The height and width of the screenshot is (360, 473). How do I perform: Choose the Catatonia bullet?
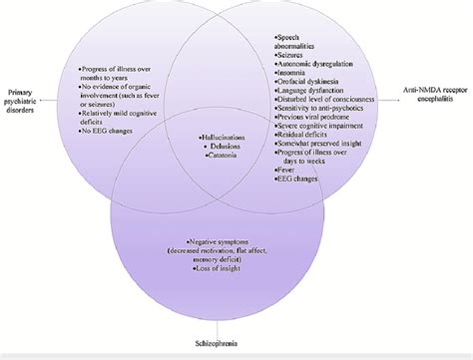[x=227, y=165]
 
